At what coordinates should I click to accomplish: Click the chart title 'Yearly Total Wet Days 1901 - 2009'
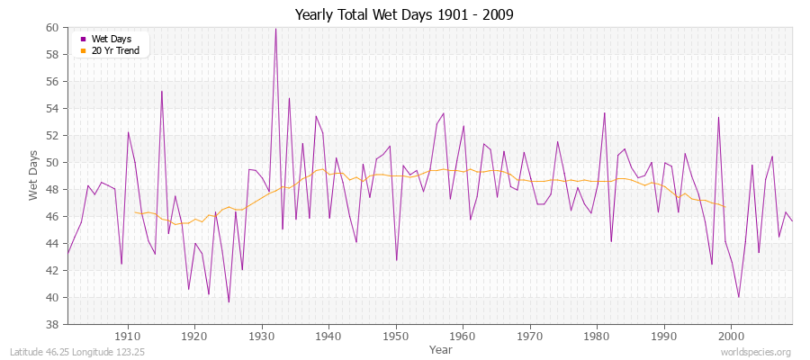(405, 15)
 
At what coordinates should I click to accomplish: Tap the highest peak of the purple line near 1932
(275, 29)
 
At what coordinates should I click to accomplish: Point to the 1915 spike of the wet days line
(162, 91)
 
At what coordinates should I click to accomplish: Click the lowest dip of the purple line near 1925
(229, 301)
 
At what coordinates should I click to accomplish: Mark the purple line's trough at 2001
(739, 297)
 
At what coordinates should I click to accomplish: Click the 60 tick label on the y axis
(52, 28)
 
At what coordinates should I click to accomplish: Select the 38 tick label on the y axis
(52, 325)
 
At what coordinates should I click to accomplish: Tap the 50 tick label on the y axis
(52, 163)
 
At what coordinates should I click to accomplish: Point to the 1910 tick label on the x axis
(128, 337)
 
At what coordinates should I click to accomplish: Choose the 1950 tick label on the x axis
(396, 337)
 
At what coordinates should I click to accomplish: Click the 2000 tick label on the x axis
(732, 337)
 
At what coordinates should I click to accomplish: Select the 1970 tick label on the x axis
(530, 337)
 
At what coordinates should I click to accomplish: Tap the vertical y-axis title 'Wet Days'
(33, 176)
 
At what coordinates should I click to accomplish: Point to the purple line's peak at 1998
(718, 117)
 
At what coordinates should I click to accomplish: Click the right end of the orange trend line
(725, 206)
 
